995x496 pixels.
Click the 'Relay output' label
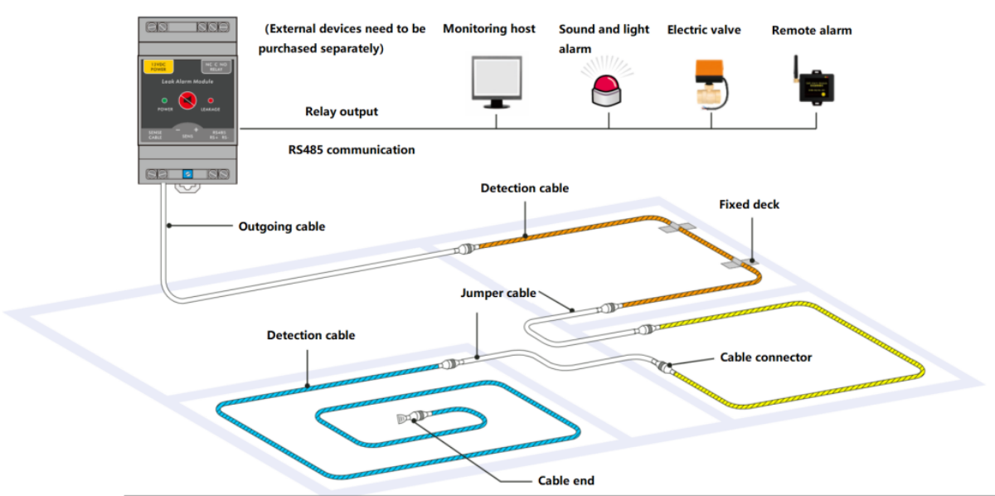tap(342, 111)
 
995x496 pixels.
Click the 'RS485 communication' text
tap(349, 150)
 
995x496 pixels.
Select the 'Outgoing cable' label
tap(282, 226)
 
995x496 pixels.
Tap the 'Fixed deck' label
tap(750, 204)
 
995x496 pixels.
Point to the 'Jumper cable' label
tap(498, 293)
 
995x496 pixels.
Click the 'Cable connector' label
tap(766, 357)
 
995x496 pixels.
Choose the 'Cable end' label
tap(566, 480)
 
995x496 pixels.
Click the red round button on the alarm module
tap(188, 102)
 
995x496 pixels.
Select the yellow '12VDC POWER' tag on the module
tap(158, 67)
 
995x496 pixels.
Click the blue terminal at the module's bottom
tap(188, 173)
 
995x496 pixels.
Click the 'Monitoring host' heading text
tap(488, 29)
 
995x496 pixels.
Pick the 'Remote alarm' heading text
tap(812, 31)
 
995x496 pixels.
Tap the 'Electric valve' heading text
tap(704, 30)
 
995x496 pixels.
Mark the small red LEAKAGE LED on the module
tap(211, 101)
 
